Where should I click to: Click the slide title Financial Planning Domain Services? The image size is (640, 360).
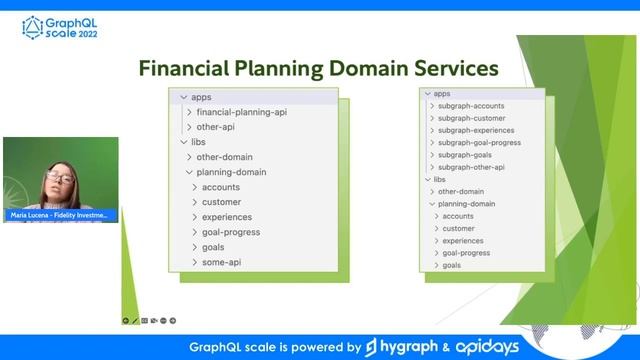pos(318,68)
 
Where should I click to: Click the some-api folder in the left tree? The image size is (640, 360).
pos(221,262)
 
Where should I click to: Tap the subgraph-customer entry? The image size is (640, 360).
pos(472,118)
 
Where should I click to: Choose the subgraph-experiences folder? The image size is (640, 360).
pos(476,130)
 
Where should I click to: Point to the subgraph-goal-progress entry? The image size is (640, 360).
pos(479,143)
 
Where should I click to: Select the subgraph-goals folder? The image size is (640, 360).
pos(464,155)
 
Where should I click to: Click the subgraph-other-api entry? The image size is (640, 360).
pos(471,167)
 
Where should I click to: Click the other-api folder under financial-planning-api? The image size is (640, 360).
pos(215,127)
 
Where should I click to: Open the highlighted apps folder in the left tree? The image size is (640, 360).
pos(201,97)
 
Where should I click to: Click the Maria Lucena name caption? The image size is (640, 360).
pos(59,215)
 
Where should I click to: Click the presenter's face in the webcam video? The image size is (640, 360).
pos(58,179)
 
